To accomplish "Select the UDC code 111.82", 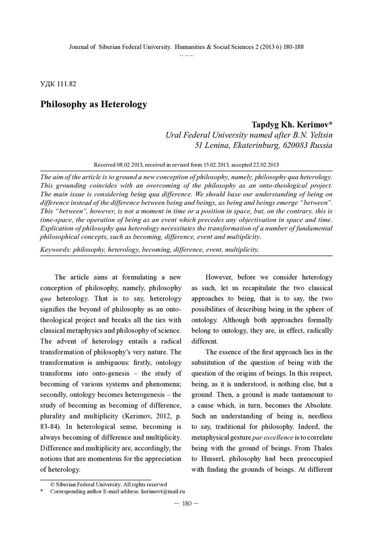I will (x=66, y=84).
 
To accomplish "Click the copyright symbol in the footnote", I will (x=52, y=484).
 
